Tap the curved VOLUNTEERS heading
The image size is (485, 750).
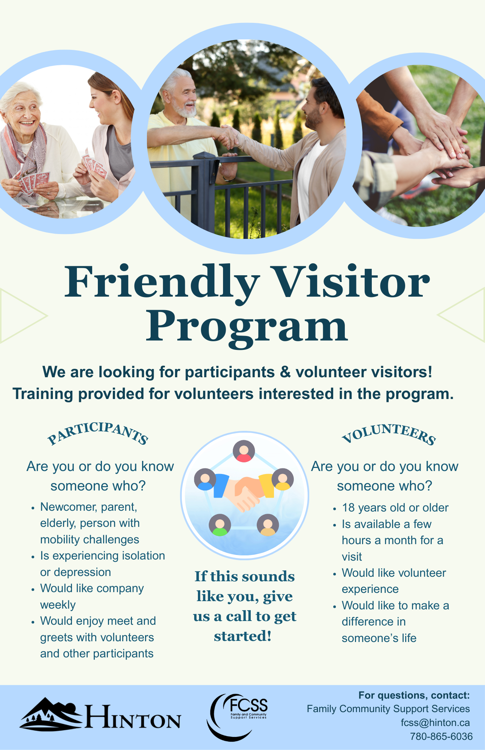[389, 433]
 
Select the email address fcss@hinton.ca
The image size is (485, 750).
[435, 723]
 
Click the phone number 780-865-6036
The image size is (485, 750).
[441, 736]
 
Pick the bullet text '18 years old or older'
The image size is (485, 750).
[395, 508]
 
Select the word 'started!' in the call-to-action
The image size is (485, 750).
[243, 636]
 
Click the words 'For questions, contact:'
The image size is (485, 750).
[414, 695]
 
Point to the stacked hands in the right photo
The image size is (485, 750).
[446, 150]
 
